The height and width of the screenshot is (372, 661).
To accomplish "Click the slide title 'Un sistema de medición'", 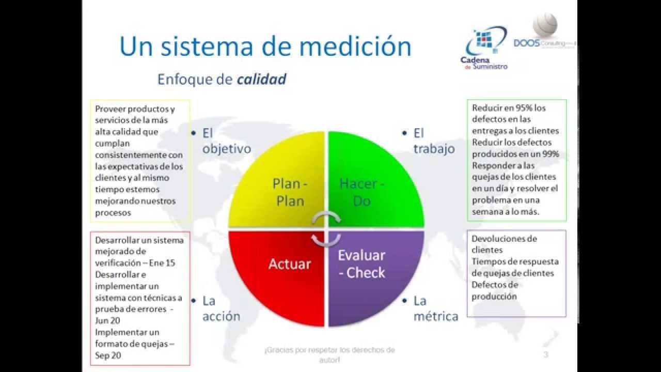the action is pyautogui.click(x=265, y=46).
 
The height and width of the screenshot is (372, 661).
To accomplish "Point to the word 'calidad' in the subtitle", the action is pyautogui.click(x=262, y=79).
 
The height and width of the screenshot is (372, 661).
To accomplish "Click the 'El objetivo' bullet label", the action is pyautogui.click(x=226, y=141).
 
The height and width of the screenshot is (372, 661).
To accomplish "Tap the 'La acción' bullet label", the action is pyautogui.click(x=221, y=308).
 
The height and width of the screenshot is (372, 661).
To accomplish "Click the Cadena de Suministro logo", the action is pyautogui.click(x=484, y=50).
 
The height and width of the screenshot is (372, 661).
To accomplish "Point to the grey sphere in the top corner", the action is pyautogui.click(x=545, y=24).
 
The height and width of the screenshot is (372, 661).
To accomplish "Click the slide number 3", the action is pyautogui.click(x=546, y=354).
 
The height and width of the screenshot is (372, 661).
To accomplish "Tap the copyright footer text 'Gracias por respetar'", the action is pyautogui.click(x=329, y=350).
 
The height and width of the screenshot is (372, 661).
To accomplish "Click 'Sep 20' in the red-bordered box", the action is pyautogui.click(x=107, y=355).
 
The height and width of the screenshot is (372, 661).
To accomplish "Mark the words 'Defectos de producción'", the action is pyautogui.click(x=494, y=290).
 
